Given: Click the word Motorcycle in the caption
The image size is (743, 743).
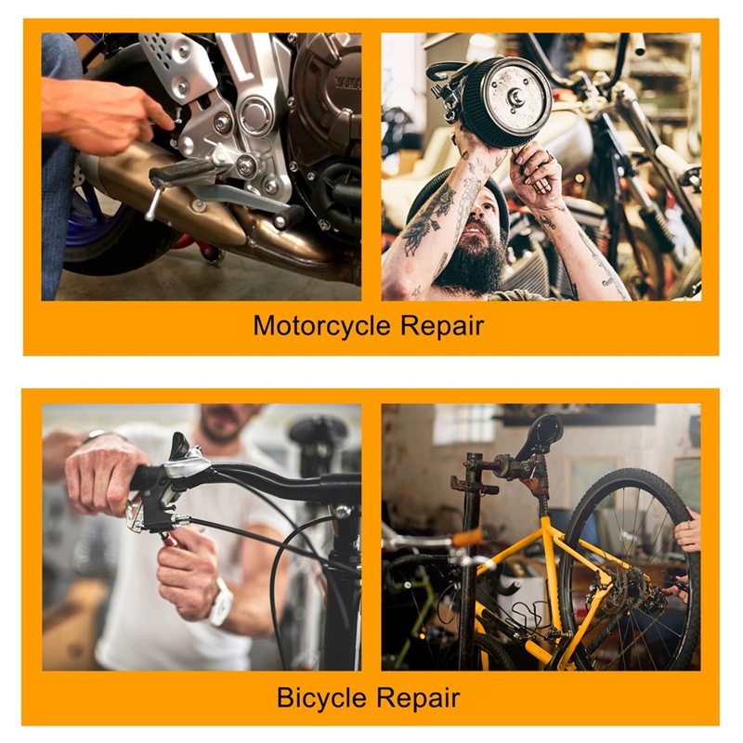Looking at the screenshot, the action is [322, 327].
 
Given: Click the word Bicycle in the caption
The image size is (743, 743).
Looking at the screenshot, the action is [321, 698].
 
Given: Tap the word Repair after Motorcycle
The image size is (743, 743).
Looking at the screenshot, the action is [442, 327].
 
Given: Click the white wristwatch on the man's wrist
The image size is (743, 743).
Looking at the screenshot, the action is [221, 603].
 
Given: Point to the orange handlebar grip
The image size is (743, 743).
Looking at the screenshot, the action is [467, 538].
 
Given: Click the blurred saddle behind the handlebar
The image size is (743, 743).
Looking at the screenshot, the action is [319, 429].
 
